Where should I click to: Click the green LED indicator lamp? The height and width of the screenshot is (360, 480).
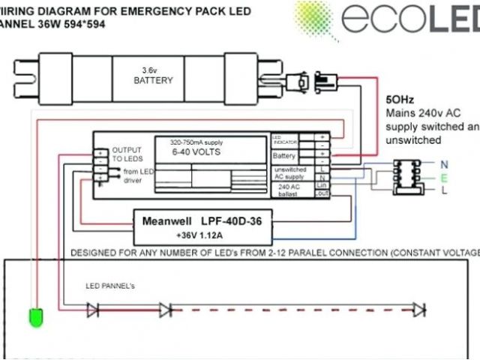tap(34, 318)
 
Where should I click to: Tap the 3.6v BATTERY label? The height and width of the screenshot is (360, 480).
tap(153, 75)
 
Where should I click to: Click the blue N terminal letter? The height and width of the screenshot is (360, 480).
tap(444, 163)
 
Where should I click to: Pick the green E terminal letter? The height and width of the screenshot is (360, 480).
tap(444, 178)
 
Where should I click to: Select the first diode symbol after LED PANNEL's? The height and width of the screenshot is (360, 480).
tap(92, 308)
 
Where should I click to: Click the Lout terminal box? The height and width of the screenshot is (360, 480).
tap(322, 193)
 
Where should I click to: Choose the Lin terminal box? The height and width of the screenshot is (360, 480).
tap(322, 184)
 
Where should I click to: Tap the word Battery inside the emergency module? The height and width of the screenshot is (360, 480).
tap(284, 156)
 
